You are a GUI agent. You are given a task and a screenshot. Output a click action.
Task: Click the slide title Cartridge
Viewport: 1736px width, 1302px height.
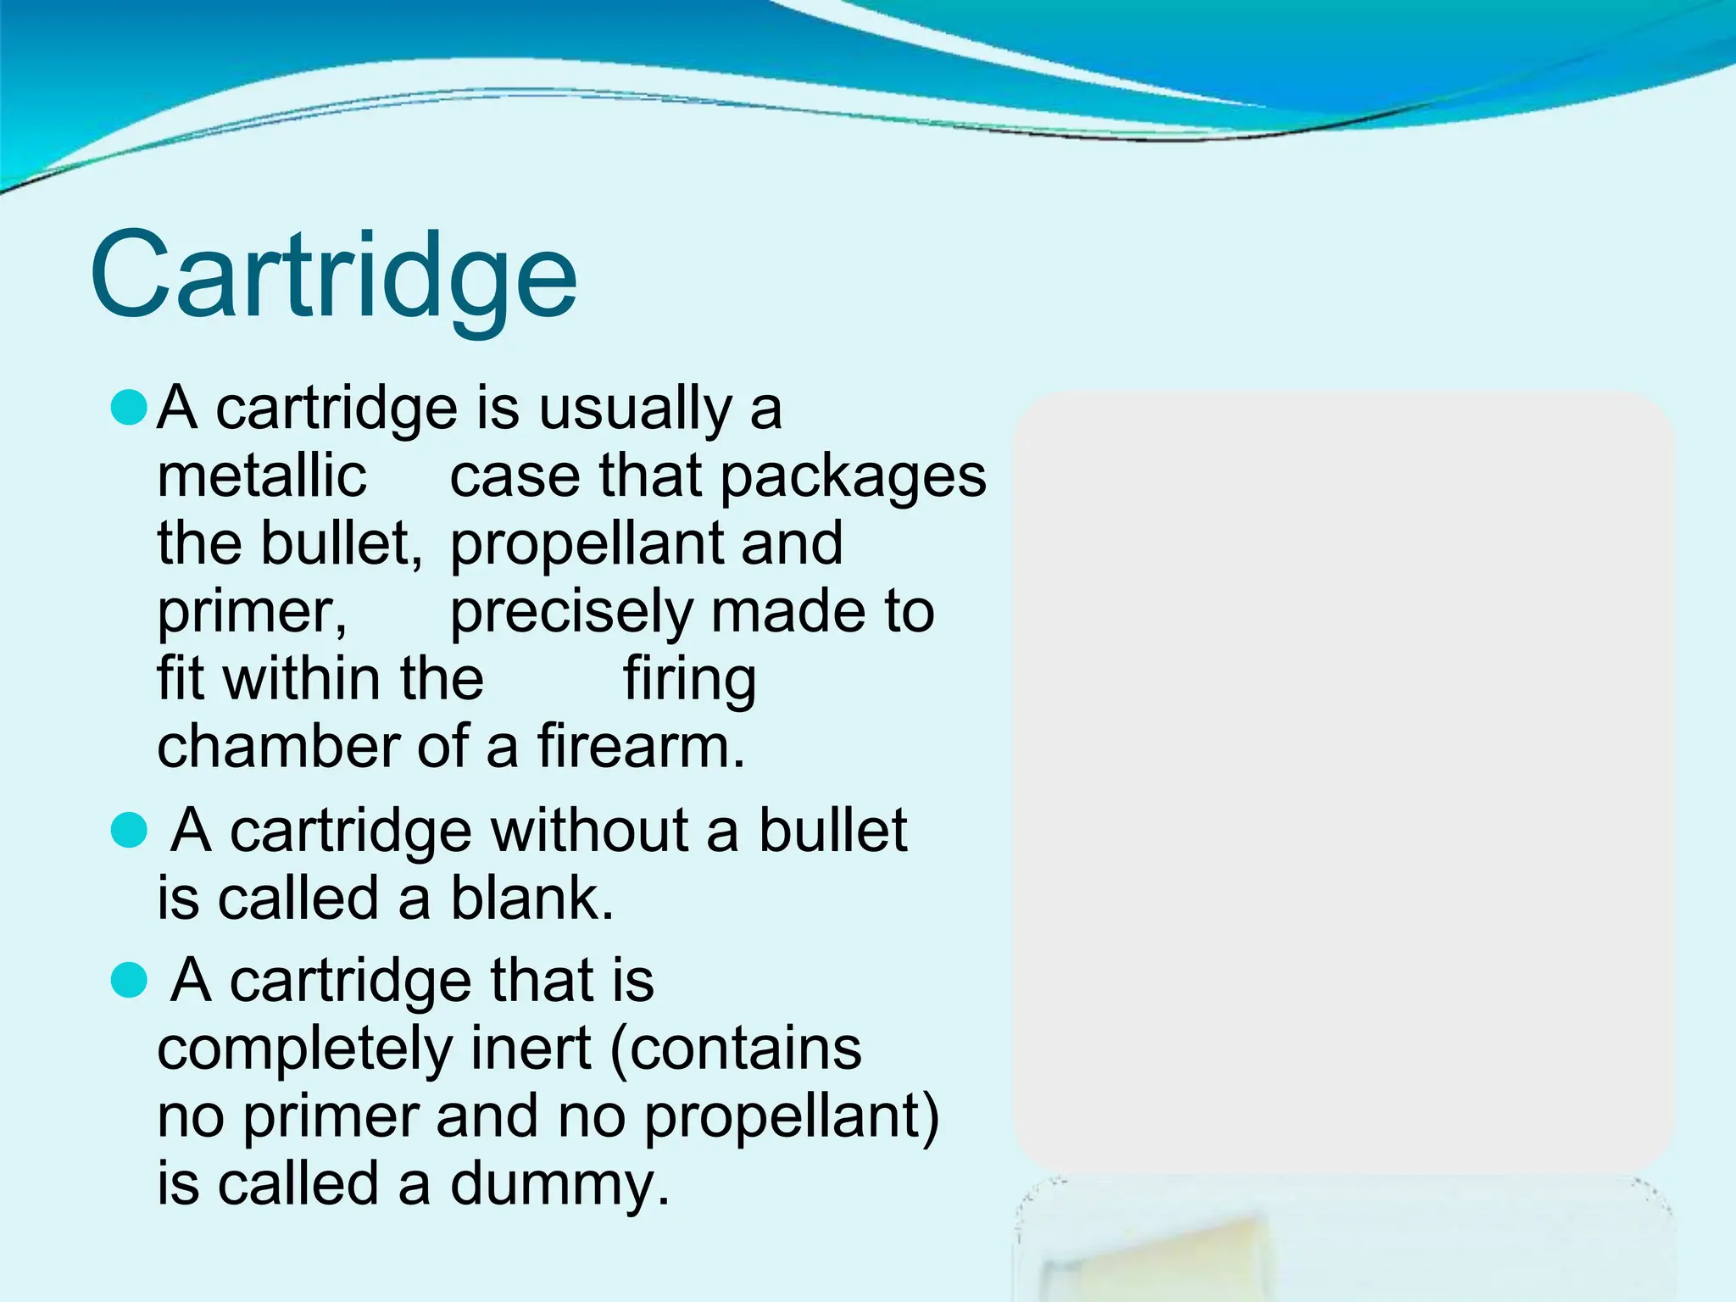point(333,275)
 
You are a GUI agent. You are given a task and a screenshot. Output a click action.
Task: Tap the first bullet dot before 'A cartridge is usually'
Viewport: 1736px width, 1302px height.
point(130,408)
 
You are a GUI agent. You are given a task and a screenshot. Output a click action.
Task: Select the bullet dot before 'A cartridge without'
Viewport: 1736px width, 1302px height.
point(130,830)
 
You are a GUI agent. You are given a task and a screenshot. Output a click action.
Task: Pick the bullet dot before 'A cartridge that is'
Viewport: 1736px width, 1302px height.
point(130,981)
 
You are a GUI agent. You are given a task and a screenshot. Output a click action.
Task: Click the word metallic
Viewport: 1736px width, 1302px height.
point(262,476)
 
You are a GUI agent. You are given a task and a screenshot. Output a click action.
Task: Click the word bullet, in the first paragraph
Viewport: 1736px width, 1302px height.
point(341,543)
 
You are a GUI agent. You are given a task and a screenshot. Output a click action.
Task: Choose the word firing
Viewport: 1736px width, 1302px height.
point(689,681)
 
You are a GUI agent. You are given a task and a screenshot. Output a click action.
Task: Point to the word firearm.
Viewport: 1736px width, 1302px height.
point(641,747)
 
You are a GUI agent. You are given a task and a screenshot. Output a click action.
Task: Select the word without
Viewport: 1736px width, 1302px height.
point(590,830)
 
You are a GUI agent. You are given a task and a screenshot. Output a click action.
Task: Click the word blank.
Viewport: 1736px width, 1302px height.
point(531,899)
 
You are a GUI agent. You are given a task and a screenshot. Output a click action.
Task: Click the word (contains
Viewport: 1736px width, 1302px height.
point(736,1049)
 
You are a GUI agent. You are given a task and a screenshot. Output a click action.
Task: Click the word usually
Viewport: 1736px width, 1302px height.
point(635,409)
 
